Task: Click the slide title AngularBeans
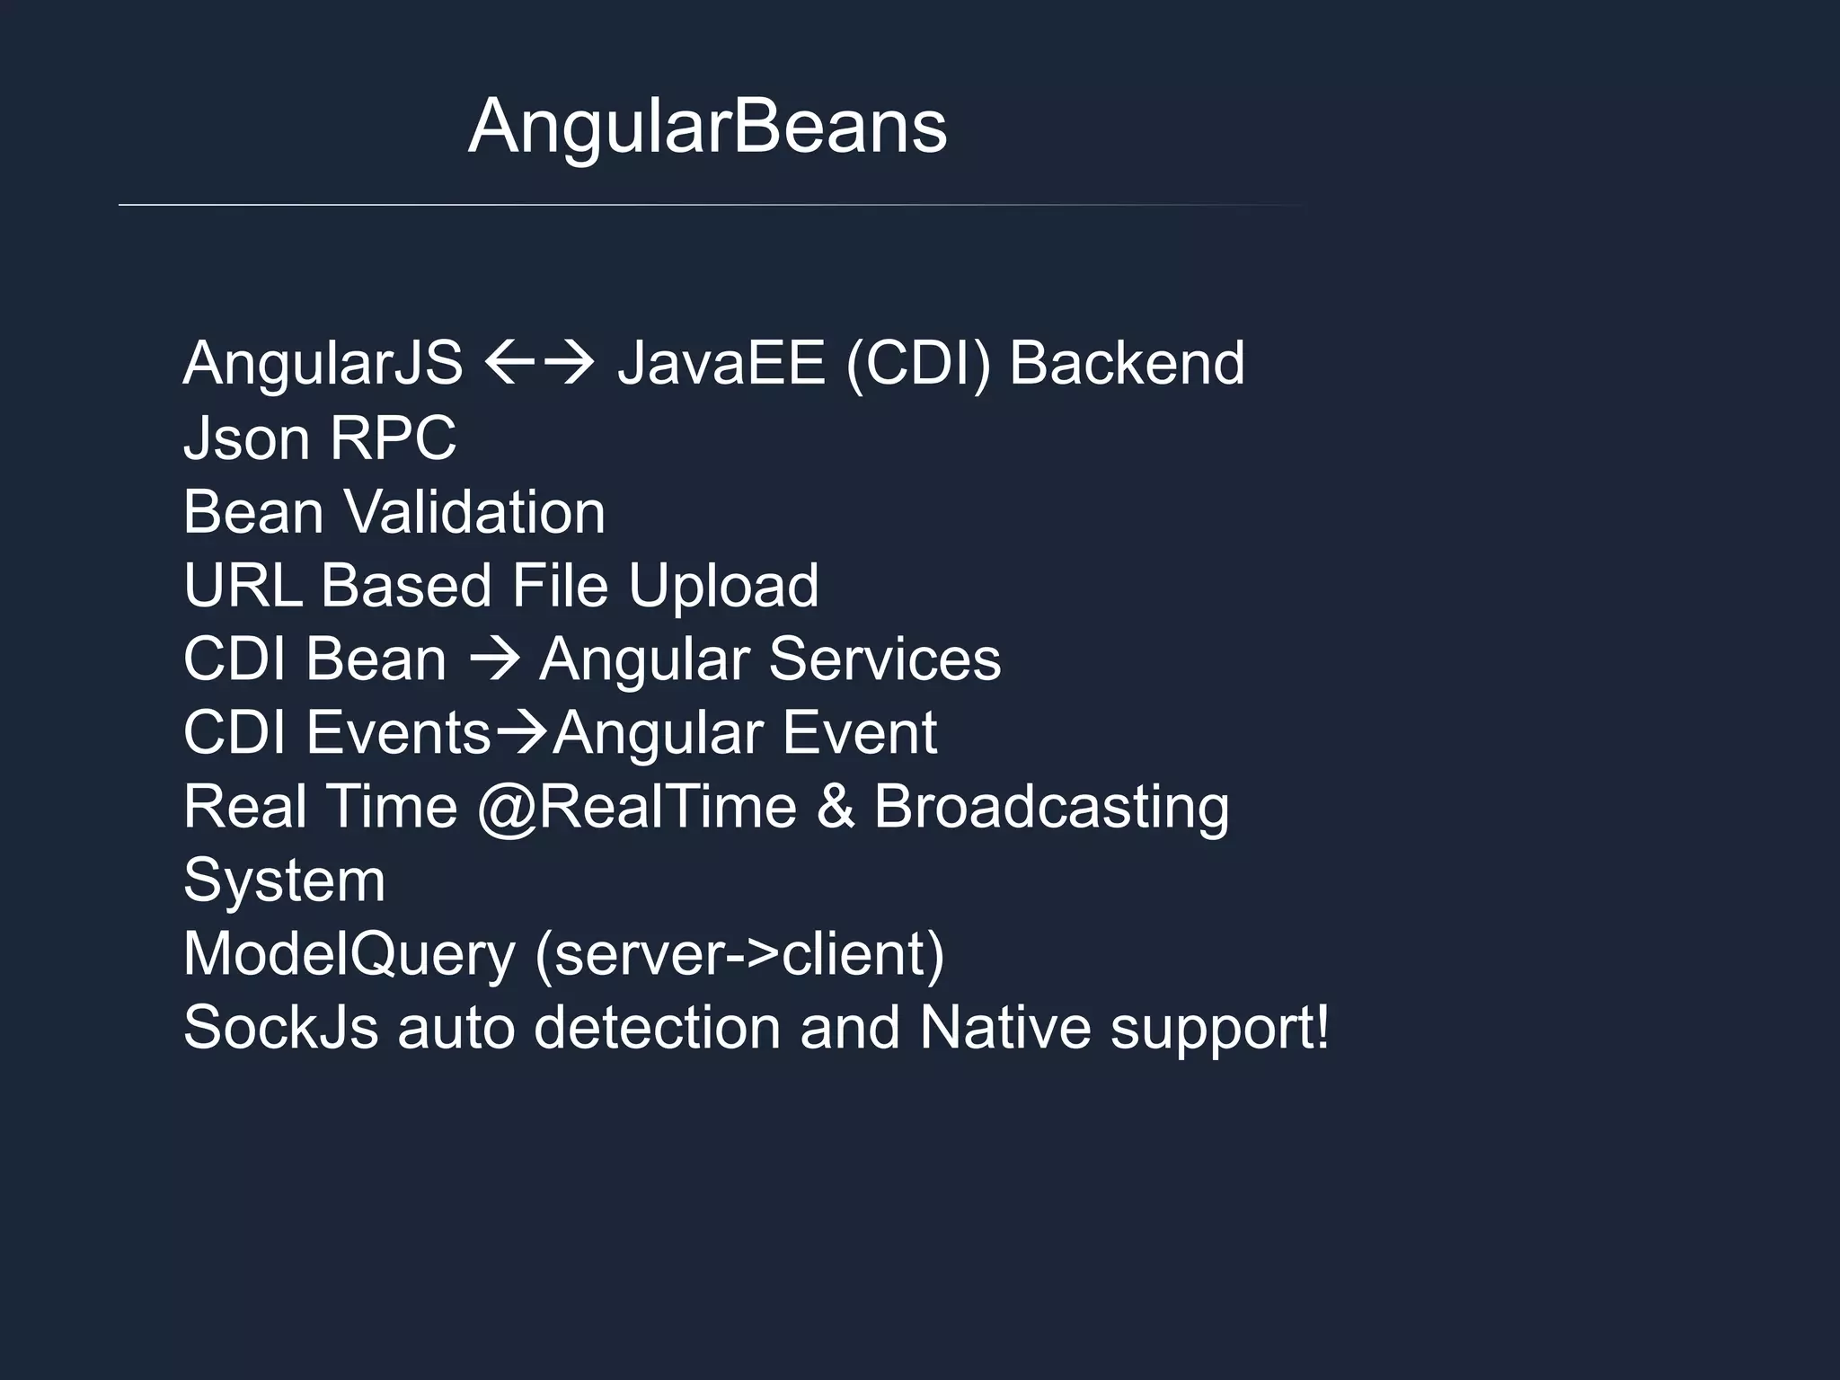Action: point(707,127)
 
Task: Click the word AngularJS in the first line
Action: point(323,364)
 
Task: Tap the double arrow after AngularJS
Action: point(539,364)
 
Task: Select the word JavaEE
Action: point(721,364)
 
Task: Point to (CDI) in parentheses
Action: point(917,364)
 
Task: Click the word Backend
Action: point(1127,364)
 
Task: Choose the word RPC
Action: point(393,438)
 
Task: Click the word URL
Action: point(243,586)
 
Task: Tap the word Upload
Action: point(723,586)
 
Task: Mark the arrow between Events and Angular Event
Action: point(521,733)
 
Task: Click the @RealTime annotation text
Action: point(636,807)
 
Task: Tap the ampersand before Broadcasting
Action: point(835,807)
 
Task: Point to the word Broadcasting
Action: point(1051,807)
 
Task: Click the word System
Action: point(284,880)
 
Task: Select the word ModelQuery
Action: point(349,954)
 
